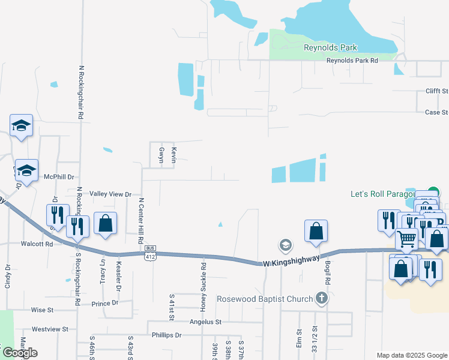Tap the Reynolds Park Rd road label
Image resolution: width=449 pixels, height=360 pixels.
click(352, 61)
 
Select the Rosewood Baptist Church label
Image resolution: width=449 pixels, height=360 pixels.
click(265, 299)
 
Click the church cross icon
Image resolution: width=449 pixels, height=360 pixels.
click(322, 298)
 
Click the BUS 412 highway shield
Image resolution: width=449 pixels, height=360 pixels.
click(150, 254)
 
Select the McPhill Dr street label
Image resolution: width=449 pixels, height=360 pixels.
click(59, 177)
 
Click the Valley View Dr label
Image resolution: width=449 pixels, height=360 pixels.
click(110, 194)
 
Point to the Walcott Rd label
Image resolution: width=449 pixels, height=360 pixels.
click(37, 244)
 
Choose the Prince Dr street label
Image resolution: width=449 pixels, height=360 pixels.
click(105, 304)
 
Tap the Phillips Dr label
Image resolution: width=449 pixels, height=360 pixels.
click(166, 335)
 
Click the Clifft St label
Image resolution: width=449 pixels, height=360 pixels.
click(436, 91)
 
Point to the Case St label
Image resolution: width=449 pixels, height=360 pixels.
click(436, 112)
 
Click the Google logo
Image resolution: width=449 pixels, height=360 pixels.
click(20, 353)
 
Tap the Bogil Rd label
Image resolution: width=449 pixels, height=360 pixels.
click(328, 274)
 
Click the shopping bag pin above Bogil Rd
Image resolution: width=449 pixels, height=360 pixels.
click(316, 231)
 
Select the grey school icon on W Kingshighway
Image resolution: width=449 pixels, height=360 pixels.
click(285, 245)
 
